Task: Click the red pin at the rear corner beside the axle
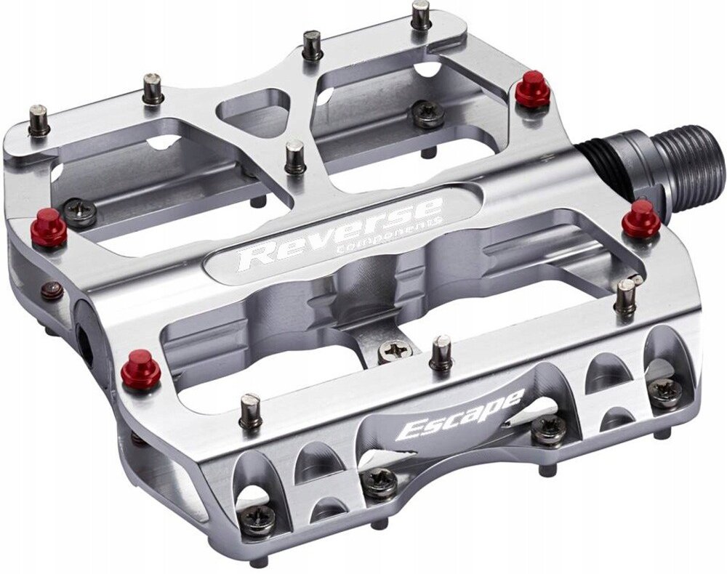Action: (x=532, y=90)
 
